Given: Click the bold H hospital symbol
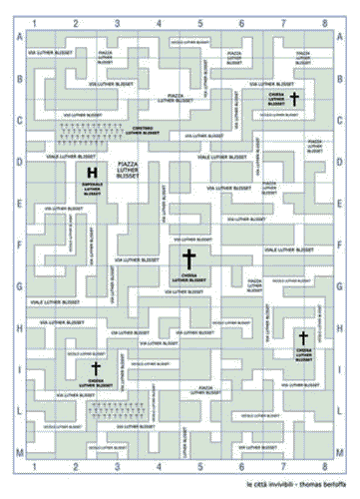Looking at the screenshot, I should (92, 174).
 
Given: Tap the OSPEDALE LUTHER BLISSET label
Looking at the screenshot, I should (92, 189).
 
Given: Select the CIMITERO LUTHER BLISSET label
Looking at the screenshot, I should (150, 131).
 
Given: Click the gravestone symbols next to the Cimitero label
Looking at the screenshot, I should (88, 131).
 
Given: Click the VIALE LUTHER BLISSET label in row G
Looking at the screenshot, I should (41, 302).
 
